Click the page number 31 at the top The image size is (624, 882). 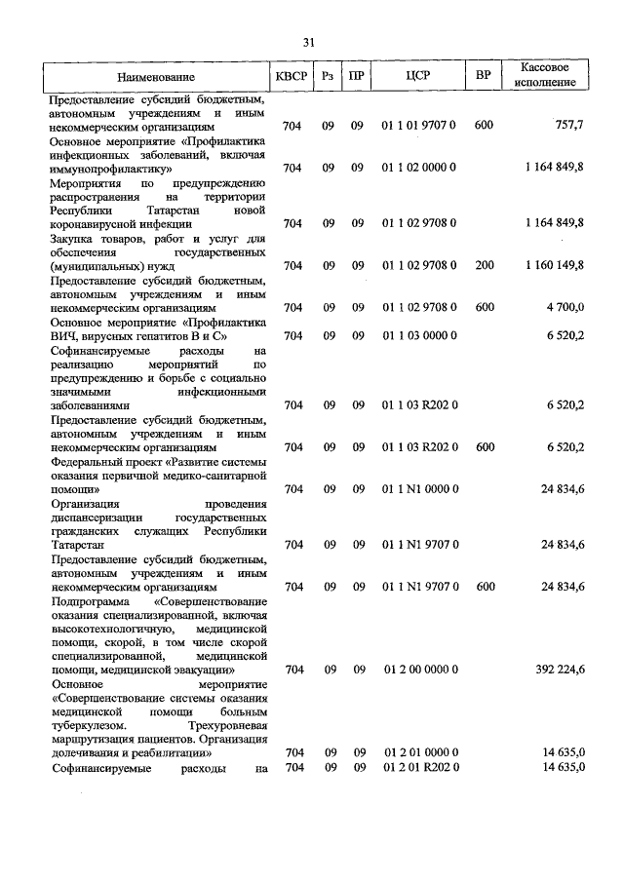(309, 42)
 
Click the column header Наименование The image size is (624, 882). (156, 76)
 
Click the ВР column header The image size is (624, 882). (483, 76)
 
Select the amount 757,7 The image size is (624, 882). (568, 126)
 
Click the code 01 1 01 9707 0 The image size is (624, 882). (418, 126)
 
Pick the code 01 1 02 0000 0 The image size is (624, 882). (418, 168)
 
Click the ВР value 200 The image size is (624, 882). (484, 265)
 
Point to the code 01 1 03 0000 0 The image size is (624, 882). (418, 335)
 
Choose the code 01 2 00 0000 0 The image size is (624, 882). (418, 670)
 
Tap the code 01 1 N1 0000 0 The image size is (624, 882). (418, 488)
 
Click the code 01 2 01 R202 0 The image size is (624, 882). (418, 768)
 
